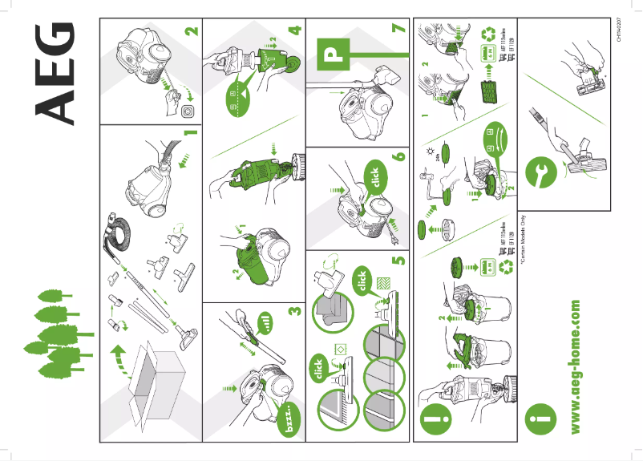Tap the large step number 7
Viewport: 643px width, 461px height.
[398, 30]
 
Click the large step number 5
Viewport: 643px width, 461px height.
[398, 258]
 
